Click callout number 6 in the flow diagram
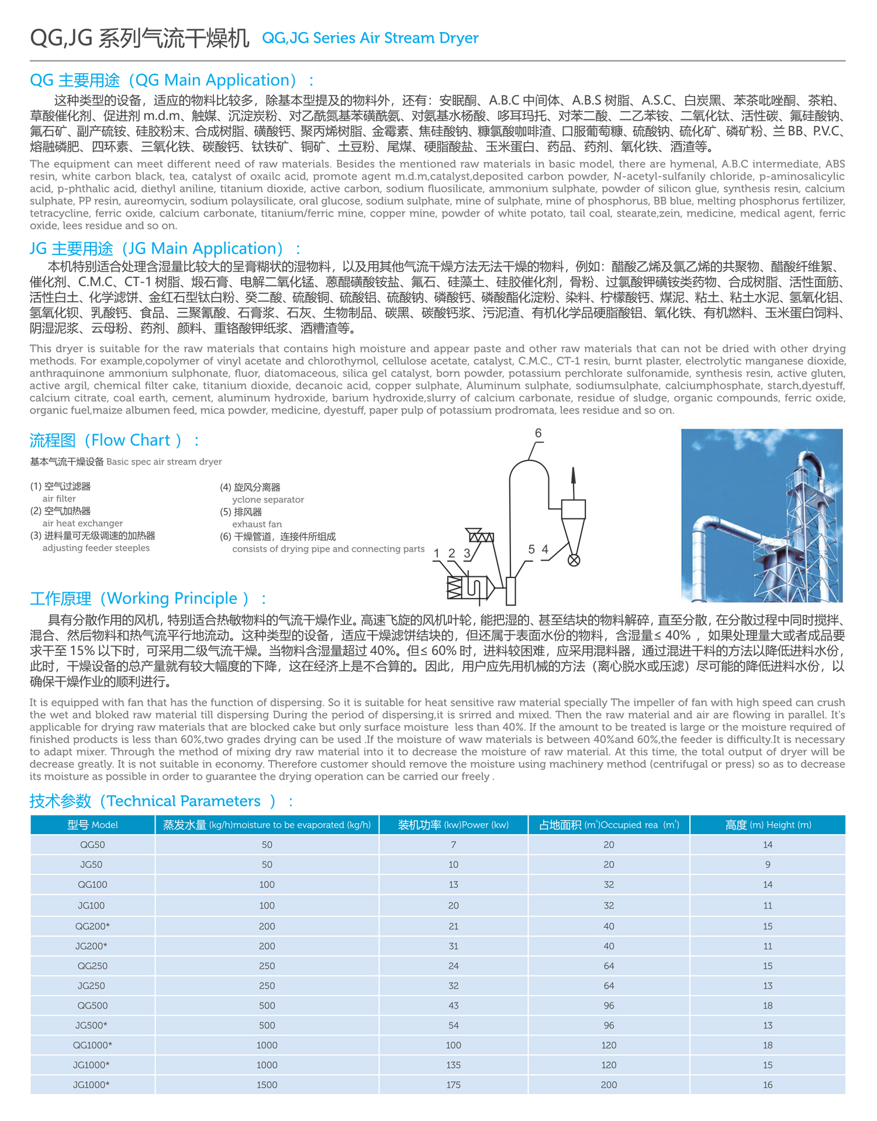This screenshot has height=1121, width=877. [x=538, y=433]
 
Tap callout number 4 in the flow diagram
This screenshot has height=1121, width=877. [x=545, y=549]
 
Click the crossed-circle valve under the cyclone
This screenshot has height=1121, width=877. [x=574, y=560]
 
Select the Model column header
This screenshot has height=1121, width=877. [x=92, y=825]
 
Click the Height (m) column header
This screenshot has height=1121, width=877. [x=768, y=825]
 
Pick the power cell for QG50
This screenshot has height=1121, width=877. [x=453, y=845]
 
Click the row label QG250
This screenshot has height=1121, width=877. [x=92, y=966]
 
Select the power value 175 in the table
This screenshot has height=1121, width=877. [x=453, y=1085]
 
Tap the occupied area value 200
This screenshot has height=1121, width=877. [x=609, y=1085]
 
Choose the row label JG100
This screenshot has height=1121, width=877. [x=91, y=906]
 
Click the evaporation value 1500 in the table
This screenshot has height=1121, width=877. [x=267, y=1085]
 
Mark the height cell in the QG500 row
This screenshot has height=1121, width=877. [x=768, y=1006]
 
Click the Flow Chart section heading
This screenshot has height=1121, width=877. [x=115, y=441]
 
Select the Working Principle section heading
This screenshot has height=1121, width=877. [x=148, y=599]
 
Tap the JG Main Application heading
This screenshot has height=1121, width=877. [x=165, y=249]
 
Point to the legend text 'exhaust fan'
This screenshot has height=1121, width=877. [x=257, y=524]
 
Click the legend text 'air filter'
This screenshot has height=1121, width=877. [x=59, y=498]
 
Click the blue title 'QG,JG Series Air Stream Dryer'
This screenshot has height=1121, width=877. [x=370, y=38]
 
